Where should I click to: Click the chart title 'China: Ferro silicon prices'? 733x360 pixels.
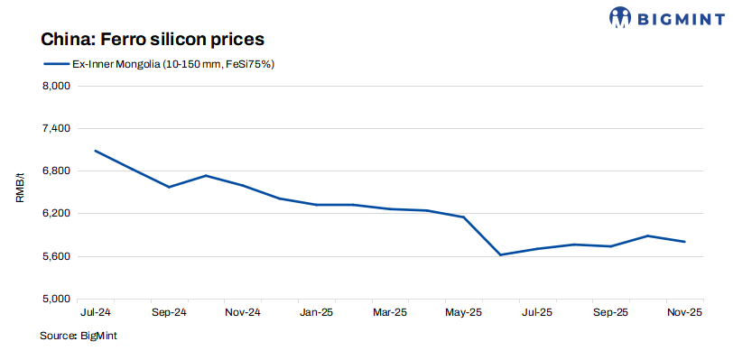click(152, 40)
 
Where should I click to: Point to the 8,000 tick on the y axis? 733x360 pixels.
click(57, 87)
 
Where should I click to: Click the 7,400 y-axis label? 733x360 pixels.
click(57, 129)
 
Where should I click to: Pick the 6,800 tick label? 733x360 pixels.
click(57, 171)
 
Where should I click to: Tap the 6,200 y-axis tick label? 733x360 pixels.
click(57, 214)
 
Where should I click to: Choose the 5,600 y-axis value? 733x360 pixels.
click(57, 257)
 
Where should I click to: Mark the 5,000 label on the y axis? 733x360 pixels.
click(57, 300)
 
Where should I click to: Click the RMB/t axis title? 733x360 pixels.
click(20, 190)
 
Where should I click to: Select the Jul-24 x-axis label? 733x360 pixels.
click(95, 314)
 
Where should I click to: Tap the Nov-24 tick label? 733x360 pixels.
click(242, 314)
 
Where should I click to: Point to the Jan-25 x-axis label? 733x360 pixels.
click(316, 314)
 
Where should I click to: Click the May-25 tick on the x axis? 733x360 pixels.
click(463, 314)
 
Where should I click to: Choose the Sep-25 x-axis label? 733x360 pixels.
click(610, 314)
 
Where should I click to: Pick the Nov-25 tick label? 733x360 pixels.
click(684, 314)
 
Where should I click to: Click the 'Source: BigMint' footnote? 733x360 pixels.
click(79, 336)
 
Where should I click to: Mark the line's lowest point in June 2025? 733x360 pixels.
click(500, 255)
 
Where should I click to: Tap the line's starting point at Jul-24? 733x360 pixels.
click(95, 151)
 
